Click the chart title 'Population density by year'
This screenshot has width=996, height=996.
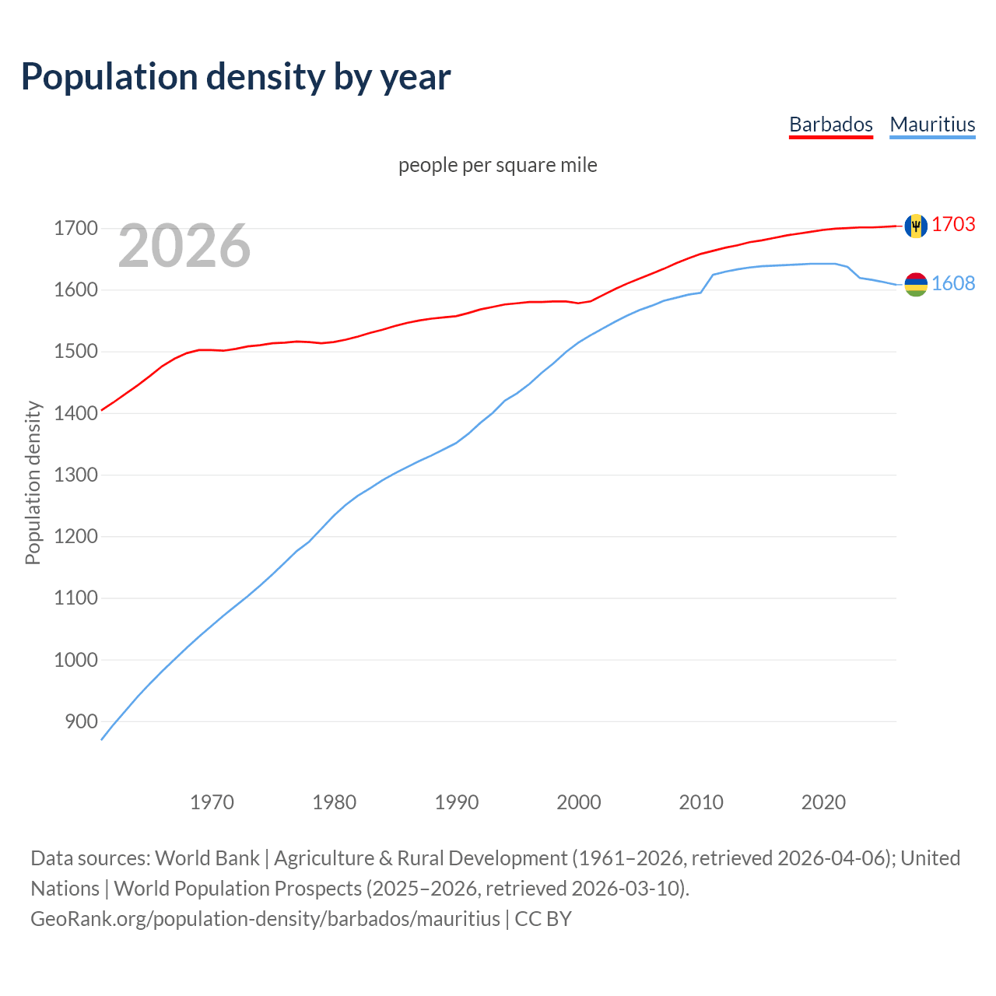(x=236, y=77)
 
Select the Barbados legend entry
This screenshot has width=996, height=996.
(x=830, y=124)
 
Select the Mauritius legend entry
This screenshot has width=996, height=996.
(x=932, y=124)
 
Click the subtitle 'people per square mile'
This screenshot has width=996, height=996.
(x=497, y=165)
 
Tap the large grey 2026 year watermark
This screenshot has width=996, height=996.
(x=184, y=246)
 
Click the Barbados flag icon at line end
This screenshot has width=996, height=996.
(x=916, y=226)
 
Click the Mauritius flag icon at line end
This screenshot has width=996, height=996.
(x=916, y=285)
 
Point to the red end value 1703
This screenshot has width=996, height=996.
(x=953, y=224)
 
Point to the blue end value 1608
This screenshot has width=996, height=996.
(x=953, y=283)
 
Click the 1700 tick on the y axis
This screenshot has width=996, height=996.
(x=75, y=229)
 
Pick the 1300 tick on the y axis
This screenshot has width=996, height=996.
(x=75, y=475)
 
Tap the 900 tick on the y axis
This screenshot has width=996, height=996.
(x=81, y=721)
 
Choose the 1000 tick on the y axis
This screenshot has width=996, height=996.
(x=75, y=660)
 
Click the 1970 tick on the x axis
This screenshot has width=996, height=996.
(x=212, y=802)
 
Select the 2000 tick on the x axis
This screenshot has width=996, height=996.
(x=578, y=802)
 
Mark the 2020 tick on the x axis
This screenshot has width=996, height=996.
(x=823, y=802)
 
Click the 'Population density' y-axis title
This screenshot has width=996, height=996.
(x=33, y=482)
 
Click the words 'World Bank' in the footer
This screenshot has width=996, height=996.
(x=207, y=858)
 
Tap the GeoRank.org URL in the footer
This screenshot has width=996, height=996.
(x=265, y=919)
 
